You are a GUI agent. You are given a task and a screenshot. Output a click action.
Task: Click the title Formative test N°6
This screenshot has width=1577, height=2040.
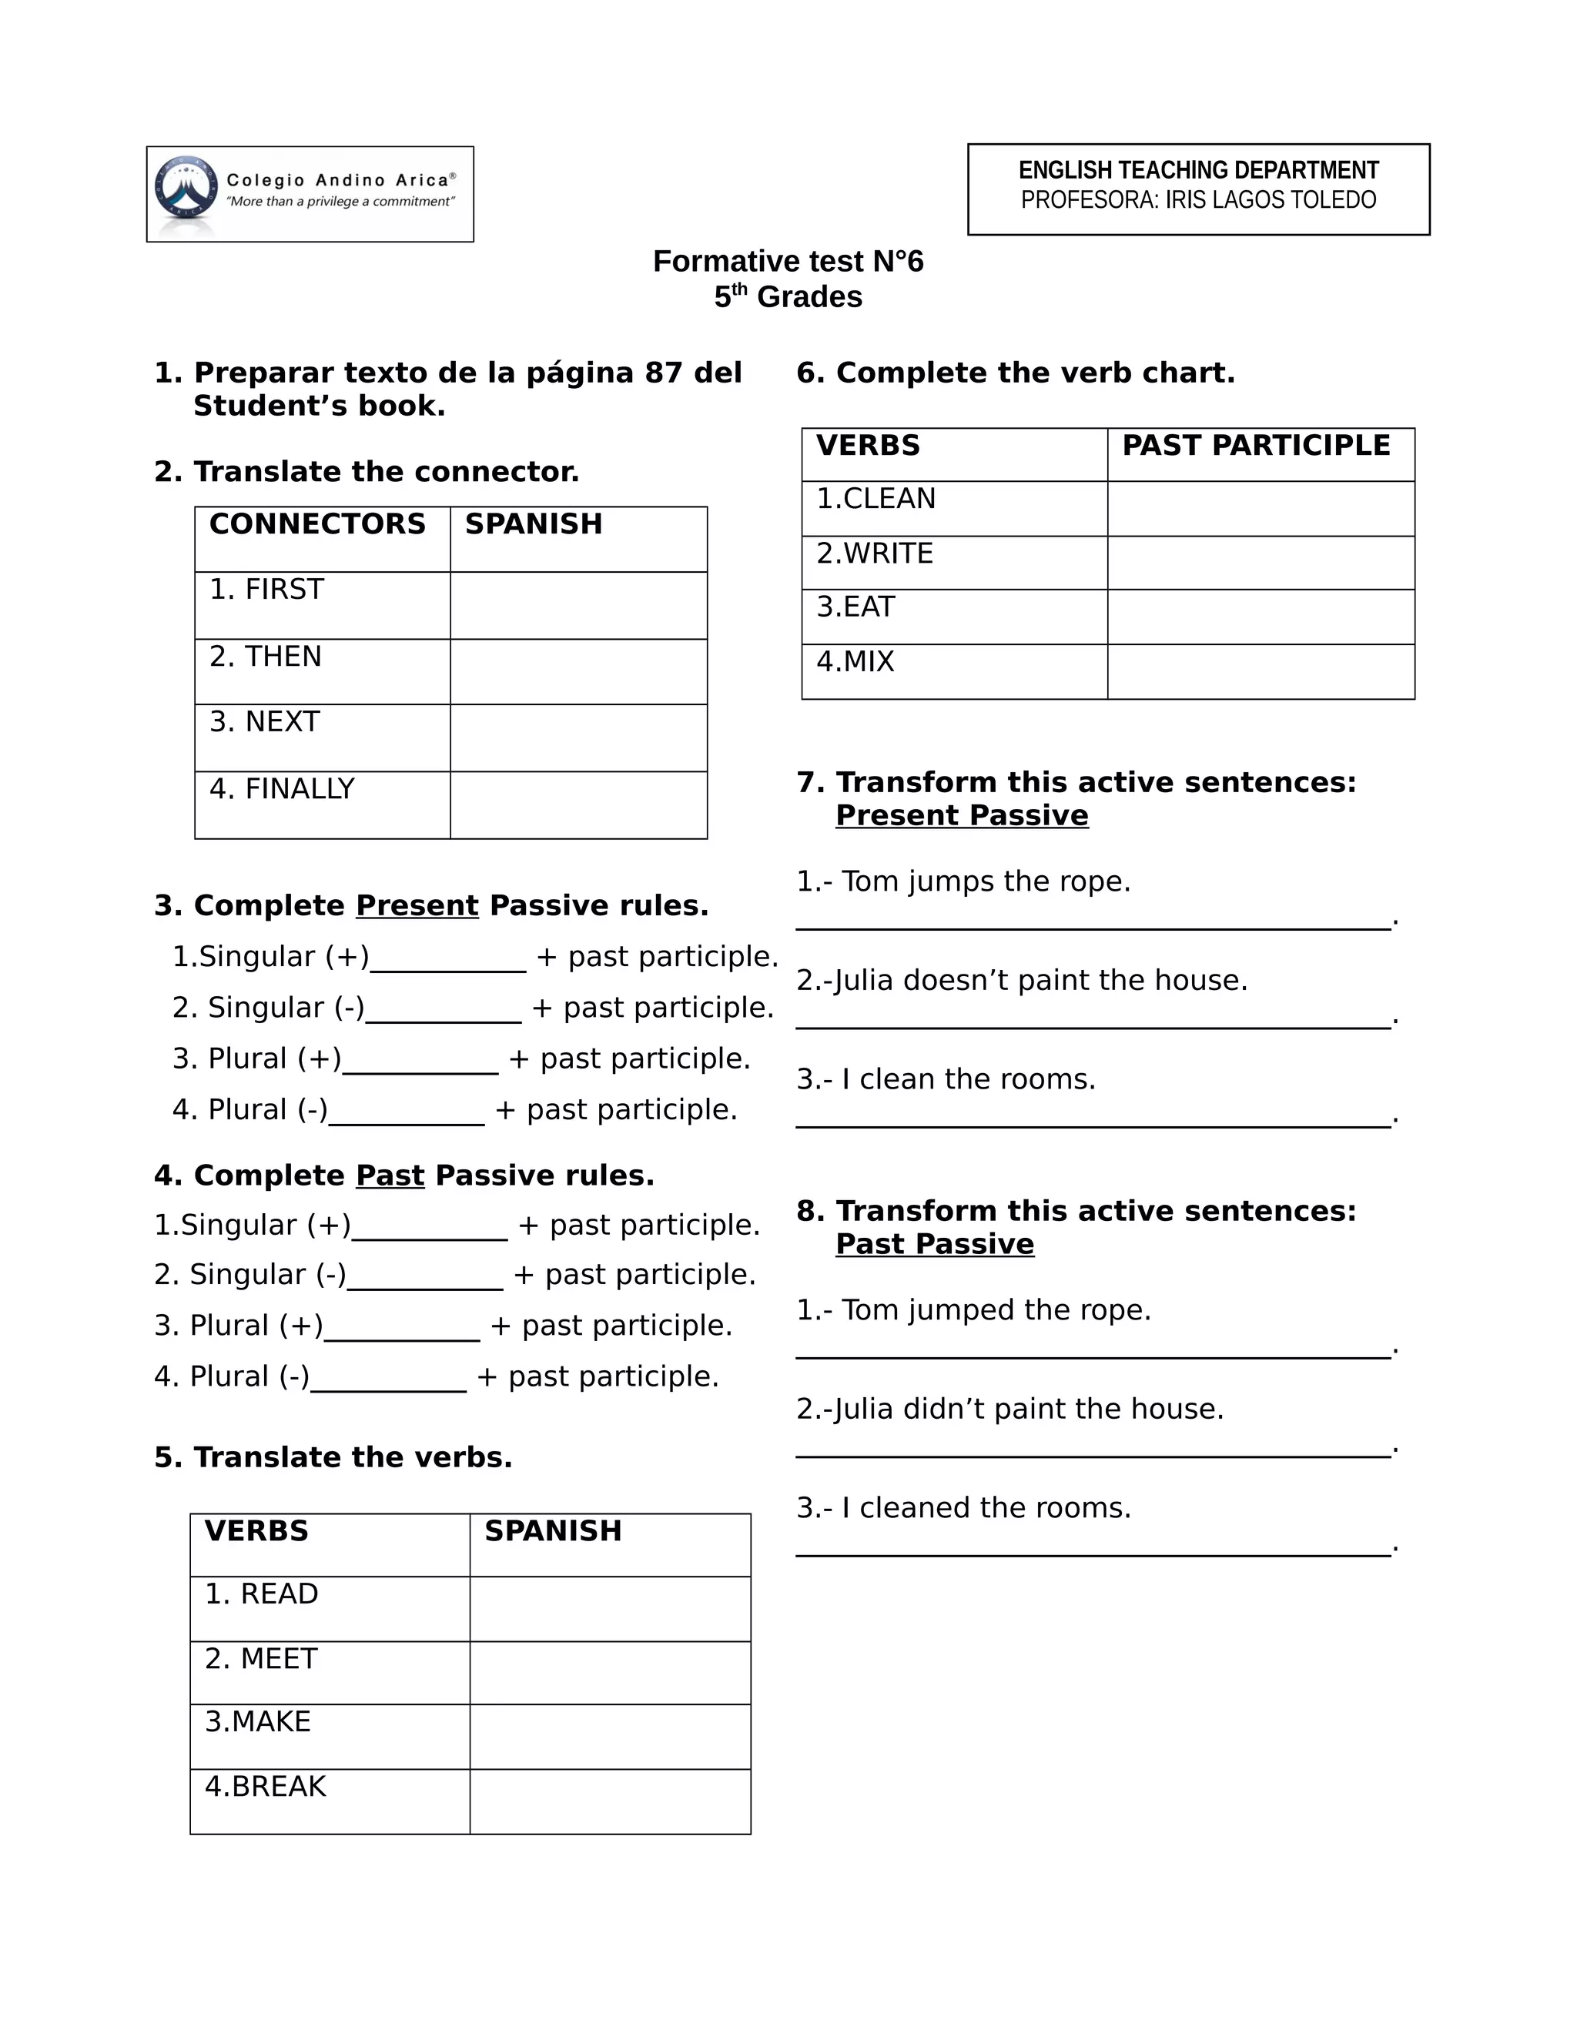coord(788,262)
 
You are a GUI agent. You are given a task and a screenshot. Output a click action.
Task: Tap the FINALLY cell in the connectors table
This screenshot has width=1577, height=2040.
coord(281,789)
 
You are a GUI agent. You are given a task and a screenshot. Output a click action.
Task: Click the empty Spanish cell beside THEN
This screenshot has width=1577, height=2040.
coord(578,671)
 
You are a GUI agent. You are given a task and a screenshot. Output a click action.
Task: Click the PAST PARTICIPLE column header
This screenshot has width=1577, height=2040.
coord(1256,446)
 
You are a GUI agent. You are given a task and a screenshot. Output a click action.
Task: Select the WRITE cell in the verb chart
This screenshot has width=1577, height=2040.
coord(875,554)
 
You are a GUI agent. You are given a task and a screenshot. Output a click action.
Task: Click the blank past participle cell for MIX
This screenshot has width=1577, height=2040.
coord(1261,671)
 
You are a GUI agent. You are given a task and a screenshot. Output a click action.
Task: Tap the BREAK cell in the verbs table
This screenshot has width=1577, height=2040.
coord(266,1787)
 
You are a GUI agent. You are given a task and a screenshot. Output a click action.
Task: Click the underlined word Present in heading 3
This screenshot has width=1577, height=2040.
coord(417,906)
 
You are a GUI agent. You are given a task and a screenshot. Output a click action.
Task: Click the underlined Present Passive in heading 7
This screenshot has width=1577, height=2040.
coord(961,815)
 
